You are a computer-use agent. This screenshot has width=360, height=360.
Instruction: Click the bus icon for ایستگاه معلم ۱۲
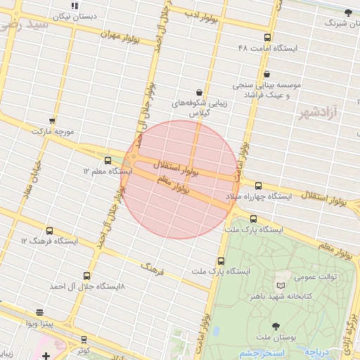(x=108, y=160)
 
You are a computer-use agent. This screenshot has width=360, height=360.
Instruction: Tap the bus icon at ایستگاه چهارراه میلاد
(x=258, y=186)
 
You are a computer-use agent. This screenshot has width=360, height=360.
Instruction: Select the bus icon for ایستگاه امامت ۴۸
(x=266, y=37)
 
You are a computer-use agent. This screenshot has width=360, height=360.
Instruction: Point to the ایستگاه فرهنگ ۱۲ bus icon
(x=49, y=230)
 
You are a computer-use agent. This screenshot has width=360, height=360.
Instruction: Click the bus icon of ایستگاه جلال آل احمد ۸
(x=86, y=276)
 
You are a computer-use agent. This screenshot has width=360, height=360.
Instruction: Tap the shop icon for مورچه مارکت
(x=52, y=121)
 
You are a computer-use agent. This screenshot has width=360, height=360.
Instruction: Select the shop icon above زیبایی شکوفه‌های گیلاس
(x=199, y=92)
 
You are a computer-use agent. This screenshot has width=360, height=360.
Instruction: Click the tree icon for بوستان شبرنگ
(x=347, y=12)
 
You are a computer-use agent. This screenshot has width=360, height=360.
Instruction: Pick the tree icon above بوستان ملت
(x=275, y=326)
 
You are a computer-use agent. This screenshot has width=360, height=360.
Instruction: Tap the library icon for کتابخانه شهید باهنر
(x=281, y=285)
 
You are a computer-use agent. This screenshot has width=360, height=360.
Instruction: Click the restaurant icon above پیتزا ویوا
(x=39, y=311)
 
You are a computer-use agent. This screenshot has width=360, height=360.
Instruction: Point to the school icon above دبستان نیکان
(x=75, y=6)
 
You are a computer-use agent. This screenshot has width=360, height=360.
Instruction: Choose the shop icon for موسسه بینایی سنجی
(x=266, y=74)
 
